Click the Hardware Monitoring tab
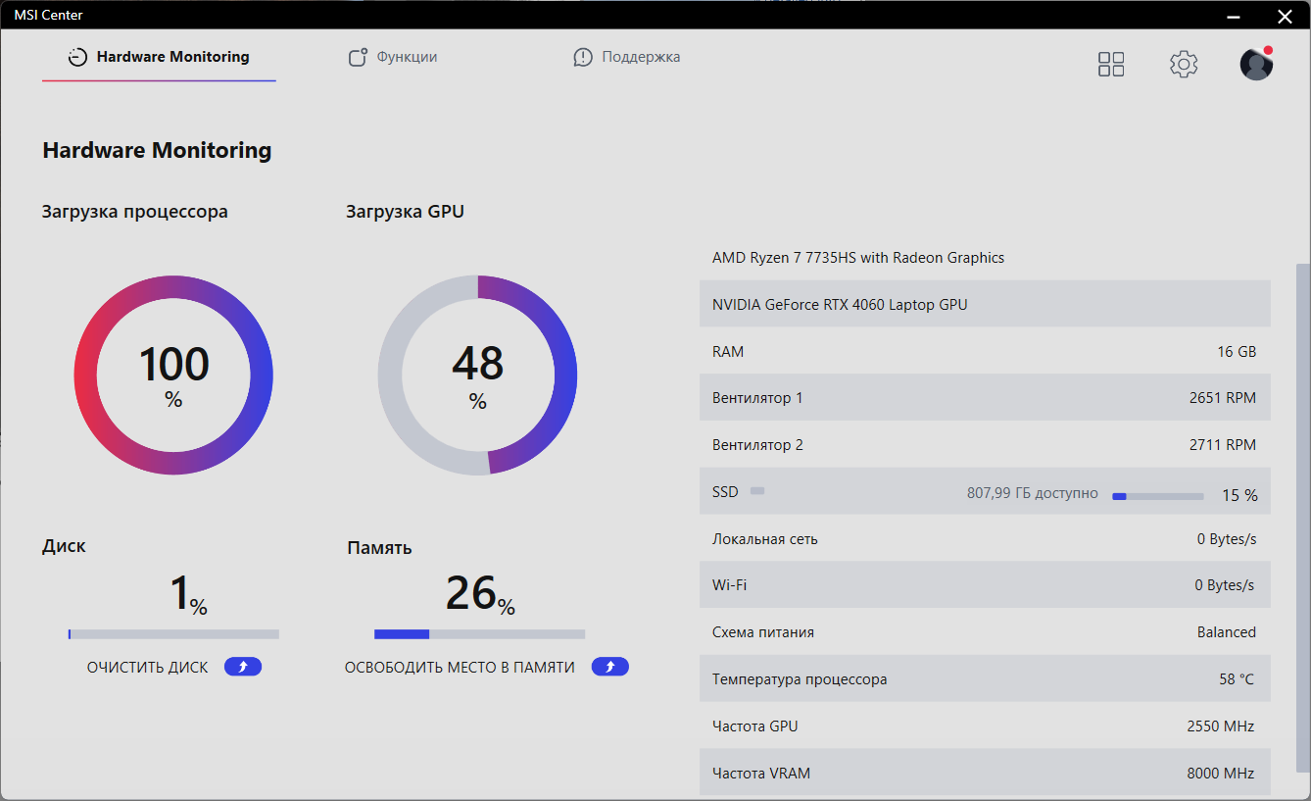[x=160, y=57]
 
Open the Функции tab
[x=394, y=57]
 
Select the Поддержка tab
[x=627, y=57]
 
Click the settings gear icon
[x=1184, y=65]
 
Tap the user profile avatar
[x=1256, y=65]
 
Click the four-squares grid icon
[x=1111, y=65]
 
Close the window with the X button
[x=1285, y=15]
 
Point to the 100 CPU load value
[x=173, y=365]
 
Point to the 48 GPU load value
[x=477, y=365]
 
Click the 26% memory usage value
[x=480, y=594]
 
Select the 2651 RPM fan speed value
[x=1222, y=398]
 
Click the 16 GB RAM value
[x=1236, y=352]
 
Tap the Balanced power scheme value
[x=1226, y=632]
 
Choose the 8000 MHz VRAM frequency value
[x=1220, y=774]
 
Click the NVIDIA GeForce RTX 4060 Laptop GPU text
[x=840, y=305]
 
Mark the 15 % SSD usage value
[x=1239, y=496]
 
